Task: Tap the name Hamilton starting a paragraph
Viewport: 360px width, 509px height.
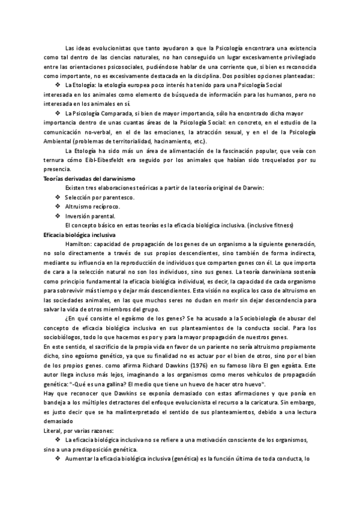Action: tap(79, 244)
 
